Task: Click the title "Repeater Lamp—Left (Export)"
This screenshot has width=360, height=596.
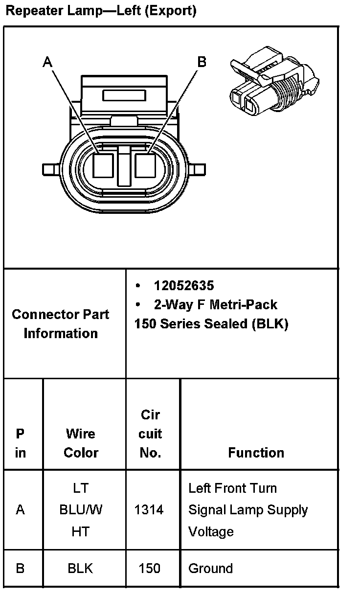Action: coord(101,11)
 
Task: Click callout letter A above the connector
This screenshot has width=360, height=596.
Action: coord(47,62)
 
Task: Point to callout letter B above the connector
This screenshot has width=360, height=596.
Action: coord(202,62)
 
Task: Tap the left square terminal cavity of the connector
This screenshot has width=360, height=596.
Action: coord(103,165)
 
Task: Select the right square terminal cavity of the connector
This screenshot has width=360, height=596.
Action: coord(145,165)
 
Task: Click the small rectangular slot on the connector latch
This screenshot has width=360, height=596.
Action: coord(124,95)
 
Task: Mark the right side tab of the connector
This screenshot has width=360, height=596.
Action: coord(197,169)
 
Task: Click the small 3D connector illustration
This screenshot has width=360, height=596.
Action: coord(274,81)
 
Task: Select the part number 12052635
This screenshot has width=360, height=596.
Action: coord(184,285)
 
